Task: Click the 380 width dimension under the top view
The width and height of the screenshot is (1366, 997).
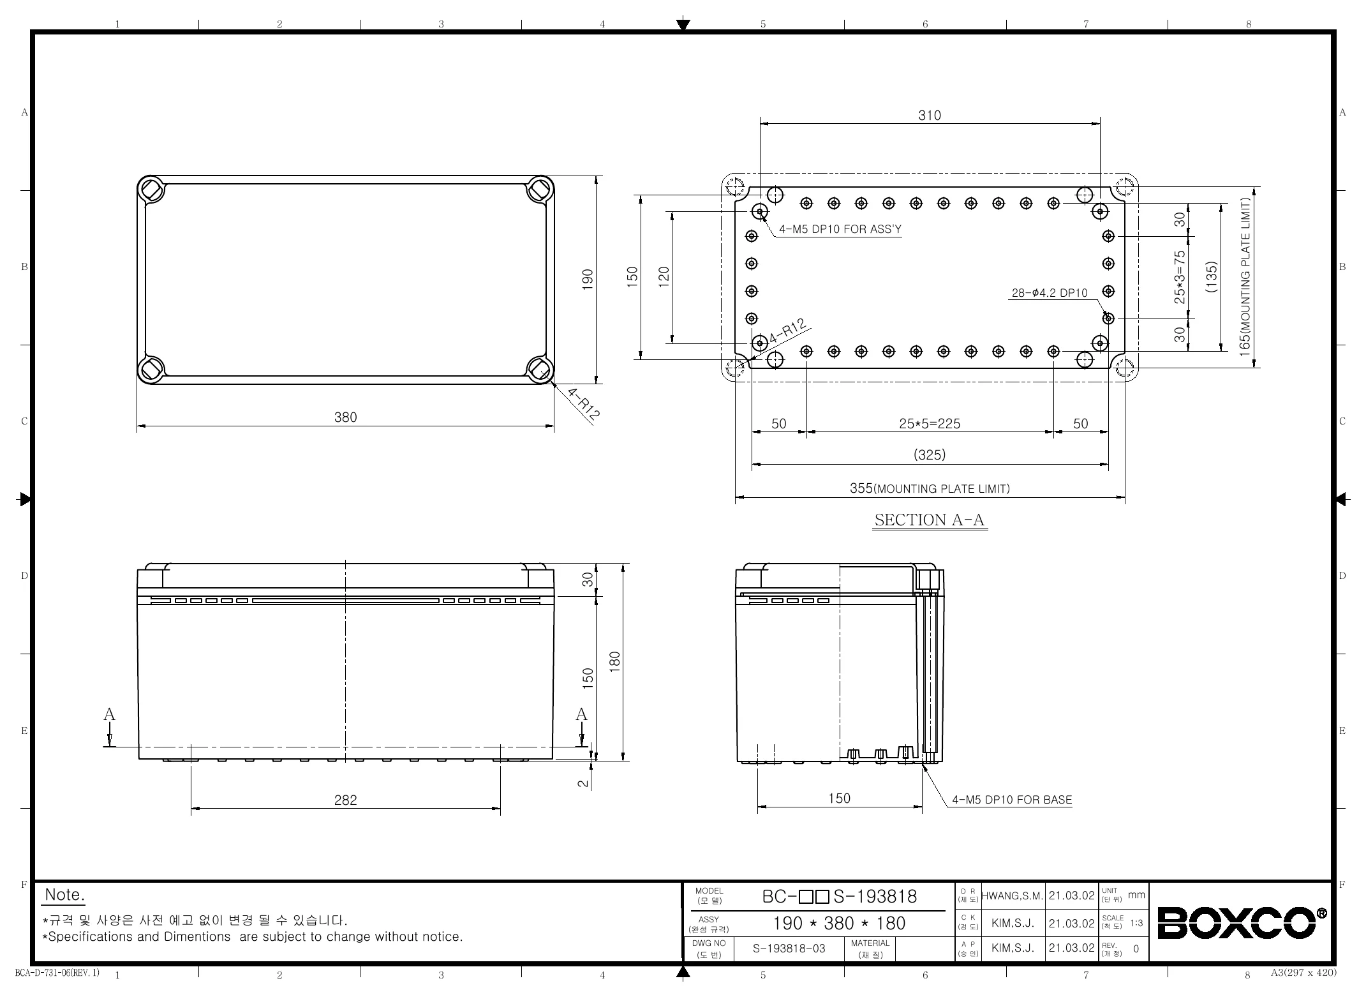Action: coord(346,417)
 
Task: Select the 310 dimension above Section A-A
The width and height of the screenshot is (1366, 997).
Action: coord(930,116)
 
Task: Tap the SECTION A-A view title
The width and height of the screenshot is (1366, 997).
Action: coord(930,520)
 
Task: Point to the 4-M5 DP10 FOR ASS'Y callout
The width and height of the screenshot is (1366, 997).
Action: coord(840,230)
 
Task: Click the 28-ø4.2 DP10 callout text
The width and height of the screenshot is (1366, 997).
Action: coord(1050,293)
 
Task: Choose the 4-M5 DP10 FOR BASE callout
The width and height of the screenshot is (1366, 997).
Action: coord(1012,800)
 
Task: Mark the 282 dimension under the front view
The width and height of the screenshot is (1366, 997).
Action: coord(346,800)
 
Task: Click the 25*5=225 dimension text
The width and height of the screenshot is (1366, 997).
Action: coord(930,424)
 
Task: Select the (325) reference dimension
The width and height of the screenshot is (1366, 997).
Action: coord(930,455)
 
